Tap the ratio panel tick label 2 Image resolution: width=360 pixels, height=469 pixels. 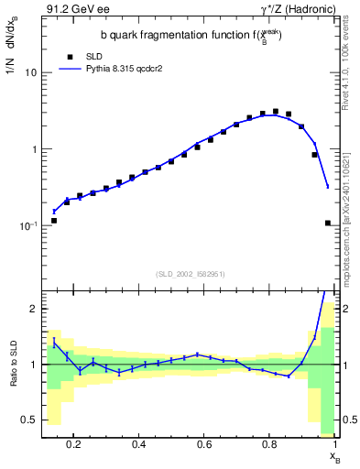[x=32, y=309]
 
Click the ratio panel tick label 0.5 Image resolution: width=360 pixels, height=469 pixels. [x=28, y=420]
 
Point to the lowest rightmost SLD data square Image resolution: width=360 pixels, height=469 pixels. [x=328, y=223]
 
